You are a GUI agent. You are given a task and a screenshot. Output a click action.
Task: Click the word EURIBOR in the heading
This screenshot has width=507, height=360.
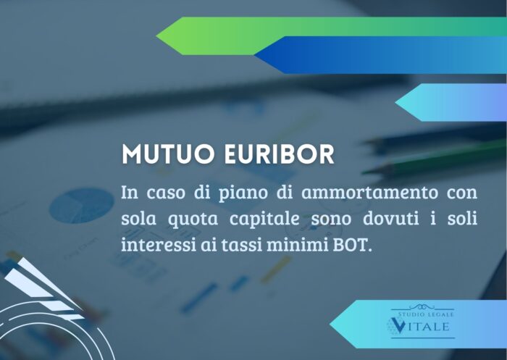280,154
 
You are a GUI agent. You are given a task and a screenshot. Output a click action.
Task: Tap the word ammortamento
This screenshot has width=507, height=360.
369,192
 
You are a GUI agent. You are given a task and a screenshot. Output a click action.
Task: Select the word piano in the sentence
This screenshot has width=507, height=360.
243,193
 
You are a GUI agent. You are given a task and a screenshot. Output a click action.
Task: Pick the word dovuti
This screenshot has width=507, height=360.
391,219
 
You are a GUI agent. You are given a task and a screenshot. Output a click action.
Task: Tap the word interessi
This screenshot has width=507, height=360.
159,245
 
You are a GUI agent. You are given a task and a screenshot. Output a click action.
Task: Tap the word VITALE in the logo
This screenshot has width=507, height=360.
419,326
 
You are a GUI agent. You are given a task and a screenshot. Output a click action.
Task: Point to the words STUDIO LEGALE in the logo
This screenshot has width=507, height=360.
426,314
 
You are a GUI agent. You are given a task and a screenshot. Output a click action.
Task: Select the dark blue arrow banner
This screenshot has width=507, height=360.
380,55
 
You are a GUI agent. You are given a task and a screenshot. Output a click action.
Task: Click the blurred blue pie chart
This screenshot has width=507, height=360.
81,206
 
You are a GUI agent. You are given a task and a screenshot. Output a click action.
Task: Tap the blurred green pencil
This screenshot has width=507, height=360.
434,158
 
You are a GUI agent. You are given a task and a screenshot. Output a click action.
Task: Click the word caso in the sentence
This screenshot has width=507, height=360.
166,193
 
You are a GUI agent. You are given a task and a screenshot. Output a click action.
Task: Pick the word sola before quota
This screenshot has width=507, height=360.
139,219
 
